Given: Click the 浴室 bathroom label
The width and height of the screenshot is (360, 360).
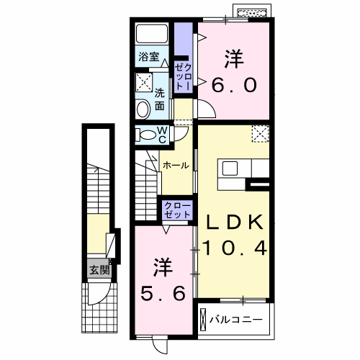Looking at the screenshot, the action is (x=149, y=57).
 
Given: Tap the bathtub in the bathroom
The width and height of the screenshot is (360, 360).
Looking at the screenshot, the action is (x=152, y=34).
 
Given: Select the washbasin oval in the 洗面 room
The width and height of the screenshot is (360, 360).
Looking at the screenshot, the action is (x=143, y=109).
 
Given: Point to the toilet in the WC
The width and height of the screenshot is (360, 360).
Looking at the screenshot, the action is (x=145, y=135).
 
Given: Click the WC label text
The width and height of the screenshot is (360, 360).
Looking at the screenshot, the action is (x=162, y=135).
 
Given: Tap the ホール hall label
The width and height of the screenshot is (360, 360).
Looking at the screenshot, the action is (x=176, y=166).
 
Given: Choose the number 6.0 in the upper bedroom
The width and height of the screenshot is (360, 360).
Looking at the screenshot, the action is (x=234, y=85).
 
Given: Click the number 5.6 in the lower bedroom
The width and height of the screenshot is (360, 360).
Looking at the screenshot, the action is (x=163, y=294).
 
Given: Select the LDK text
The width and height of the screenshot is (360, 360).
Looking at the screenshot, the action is (x=235, y=222).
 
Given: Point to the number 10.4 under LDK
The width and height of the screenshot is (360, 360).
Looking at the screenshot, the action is (x=235, y=248).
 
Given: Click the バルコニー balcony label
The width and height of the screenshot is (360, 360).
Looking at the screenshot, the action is (x=236, y=320).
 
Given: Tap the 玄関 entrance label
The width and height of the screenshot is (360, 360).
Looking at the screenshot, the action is (x=99, y=271).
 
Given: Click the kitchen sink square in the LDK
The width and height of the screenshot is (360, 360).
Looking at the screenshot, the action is (x=230, y=168).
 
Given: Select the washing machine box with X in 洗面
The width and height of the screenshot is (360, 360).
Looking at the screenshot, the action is (x=144, y=82).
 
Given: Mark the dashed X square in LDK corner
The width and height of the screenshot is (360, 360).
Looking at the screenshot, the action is (x=261, y=134).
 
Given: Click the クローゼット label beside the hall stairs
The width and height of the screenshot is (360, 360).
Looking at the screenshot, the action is (x=178, y=210).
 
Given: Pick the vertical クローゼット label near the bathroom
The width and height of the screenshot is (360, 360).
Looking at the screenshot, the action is (x=183, y=76).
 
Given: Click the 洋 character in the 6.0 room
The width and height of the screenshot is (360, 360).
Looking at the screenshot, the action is (x=234, y=59).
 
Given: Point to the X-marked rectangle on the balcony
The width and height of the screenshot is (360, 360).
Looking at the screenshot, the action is (x=203, y=320).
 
